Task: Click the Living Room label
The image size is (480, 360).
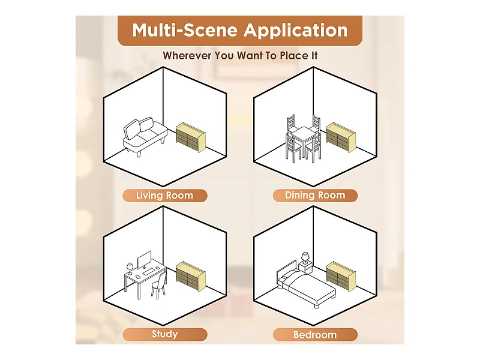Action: click(x=164, y=196)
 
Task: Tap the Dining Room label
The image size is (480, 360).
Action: click(x=315, y=196)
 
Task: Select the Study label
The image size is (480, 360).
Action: click(x=164, y=334)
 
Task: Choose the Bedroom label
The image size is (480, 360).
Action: click(x=315, y=334)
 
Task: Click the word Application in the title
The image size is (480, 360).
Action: click(x=296, y=31)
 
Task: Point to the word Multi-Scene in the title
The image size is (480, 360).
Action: click(x=185, y=30)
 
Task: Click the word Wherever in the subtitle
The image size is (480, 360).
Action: click(x=187, y=55)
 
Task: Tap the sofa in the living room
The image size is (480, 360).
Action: click(x=145, y=137)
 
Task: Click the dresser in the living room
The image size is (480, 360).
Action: click(x=191, y=137)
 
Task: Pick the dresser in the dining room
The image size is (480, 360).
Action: click(x=341, y=137)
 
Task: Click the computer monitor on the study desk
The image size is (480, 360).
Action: click(x=144, y=260)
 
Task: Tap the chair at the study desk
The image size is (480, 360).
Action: click(x=159, y=284)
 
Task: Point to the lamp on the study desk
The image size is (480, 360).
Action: click(x=130, y=268)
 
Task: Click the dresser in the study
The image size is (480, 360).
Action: click(x=191, y=276)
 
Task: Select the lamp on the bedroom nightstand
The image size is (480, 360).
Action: click(x=305, y=258)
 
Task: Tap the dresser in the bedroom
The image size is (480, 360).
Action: click(x=341, y=276)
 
